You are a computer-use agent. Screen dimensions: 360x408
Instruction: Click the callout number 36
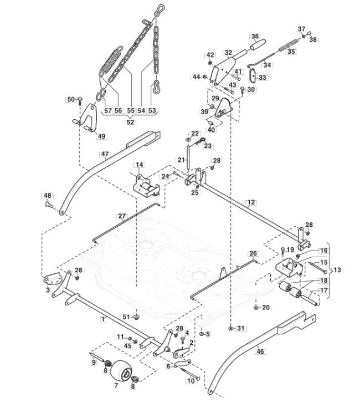click(x=255, y=36)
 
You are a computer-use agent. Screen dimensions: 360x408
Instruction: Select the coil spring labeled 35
click(x=288, y=45)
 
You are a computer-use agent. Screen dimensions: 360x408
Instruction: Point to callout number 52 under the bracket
click(x=130, y=122)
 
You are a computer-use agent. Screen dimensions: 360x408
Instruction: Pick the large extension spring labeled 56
click(x=111, y=62)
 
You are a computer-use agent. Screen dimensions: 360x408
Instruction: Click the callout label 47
click(x=105, y=154)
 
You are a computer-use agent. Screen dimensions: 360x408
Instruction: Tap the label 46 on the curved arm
click(x=260, y=351)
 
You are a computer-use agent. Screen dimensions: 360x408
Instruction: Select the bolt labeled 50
click(x=80, y=100)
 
